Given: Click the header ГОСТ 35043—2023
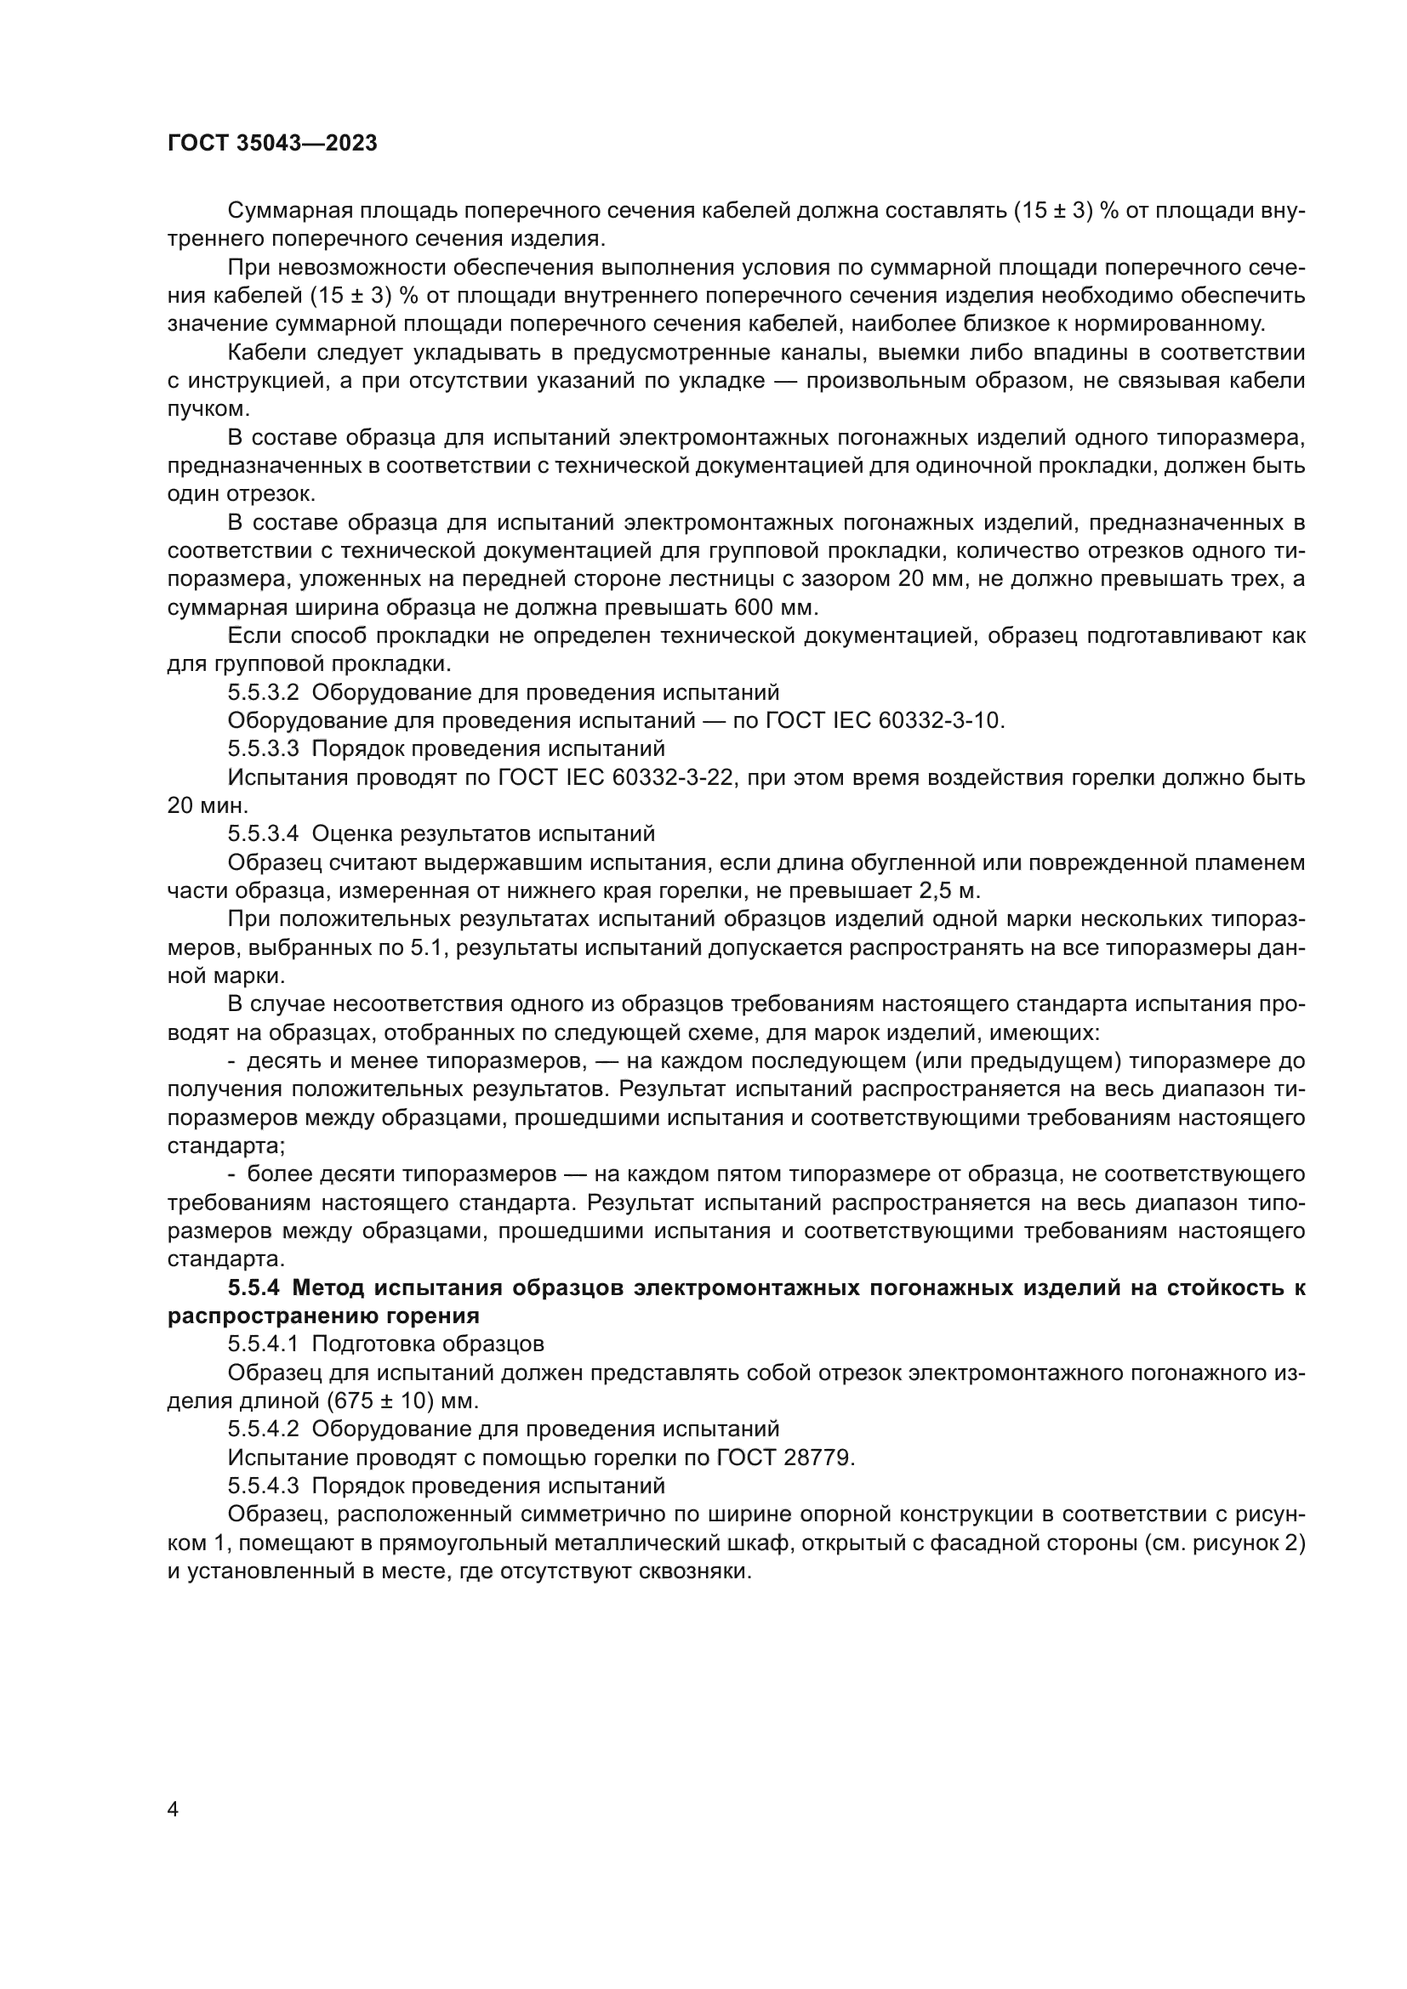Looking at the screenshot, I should (272, 144).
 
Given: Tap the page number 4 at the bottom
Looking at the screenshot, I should (173, 1810).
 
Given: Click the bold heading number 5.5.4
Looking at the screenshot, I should (253, 1287).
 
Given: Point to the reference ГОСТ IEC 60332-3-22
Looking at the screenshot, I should (617, 777).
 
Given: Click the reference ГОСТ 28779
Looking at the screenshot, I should (784, 1458).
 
